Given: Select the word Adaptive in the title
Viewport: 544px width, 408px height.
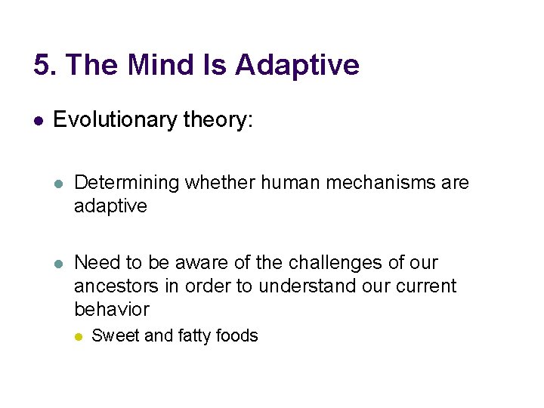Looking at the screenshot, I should [x=297, y=65].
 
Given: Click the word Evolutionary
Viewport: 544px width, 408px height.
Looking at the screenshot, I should [x=116, y=119].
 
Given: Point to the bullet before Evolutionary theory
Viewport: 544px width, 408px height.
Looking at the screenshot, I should [x=38, y=120].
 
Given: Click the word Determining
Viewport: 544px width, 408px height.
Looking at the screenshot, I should [x=127, y=183].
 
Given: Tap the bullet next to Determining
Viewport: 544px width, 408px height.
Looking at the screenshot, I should [x=59, y=184].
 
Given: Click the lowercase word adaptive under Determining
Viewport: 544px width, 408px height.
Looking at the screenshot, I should [x=110, y=206].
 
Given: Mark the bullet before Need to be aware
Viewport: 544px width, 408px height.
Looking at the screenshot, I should [x=59, y=264].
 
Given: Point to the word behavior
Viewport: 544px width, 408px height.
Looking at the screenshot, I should [x=112, y=310].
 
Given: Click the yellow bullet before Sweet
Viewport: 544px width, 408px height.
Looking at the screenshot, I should [x=77, y=336].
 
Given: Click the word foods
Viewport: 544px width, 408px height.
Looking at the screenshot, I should [x=238, y=335].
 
